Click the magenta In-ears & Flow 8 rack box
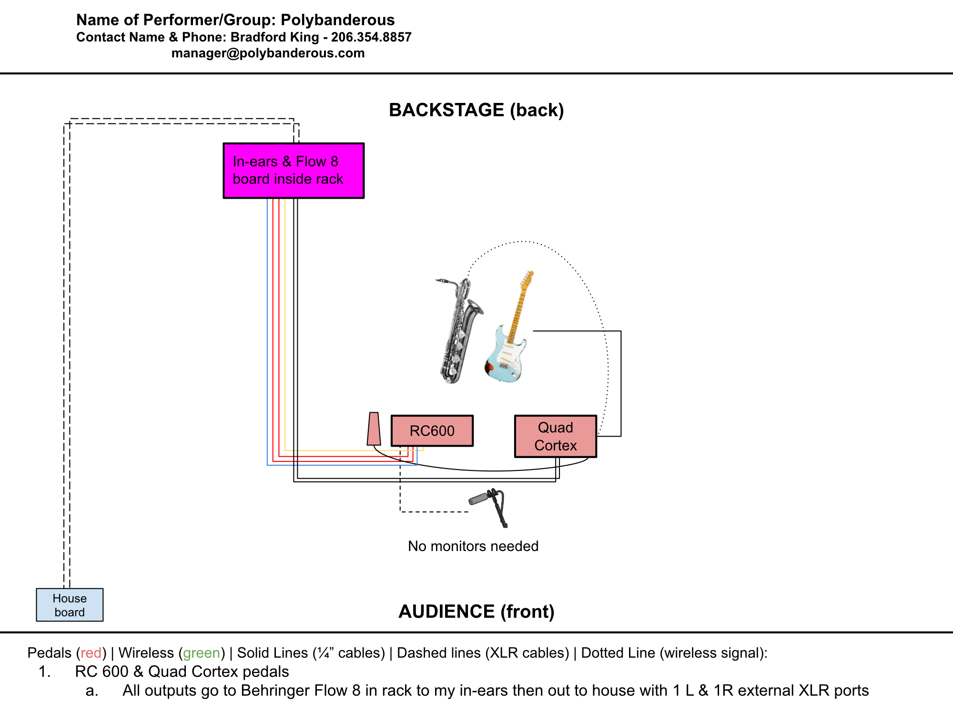294,171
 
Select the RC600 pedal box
432,431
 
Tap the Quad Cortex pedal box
556,436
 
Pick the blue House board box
70,605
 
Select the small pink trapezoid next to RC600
374,429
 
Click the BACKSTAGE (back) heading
476,110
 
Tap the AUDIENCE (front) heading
476,612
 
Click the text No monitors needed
473,546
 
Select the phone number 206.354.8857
371,37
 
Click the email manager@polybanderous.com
268,53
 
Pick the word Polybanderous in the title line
337,20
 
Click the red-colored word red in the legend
91,653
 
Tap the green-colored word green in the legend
202,653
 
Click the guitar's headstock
527,279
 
